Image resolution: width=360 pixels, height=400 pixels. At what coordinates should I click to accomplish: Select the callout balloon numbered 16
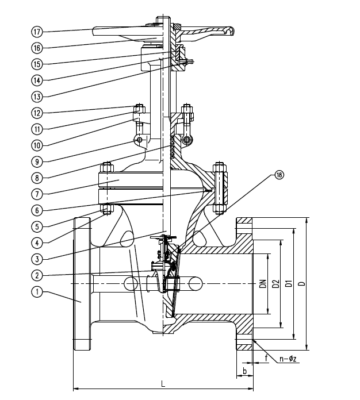click(x=37, y=47)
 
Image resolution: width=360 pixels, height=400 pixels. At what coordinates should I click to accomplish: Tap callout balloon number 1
click(x=37, y=292)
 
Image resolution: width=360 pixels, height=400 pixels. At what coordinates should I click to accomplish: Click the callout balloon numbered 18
click(x=280, y=176)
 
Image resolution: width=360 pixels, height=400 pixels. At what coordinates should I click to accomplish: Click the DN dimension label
click(x=262, y=283)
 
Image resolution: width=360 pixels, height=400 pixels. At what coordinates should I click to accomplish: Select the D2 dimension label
click(x=275, y=283)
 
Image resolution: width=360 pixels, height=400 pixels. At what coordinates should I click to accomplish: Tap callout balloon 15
click(x=37, y=63)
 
